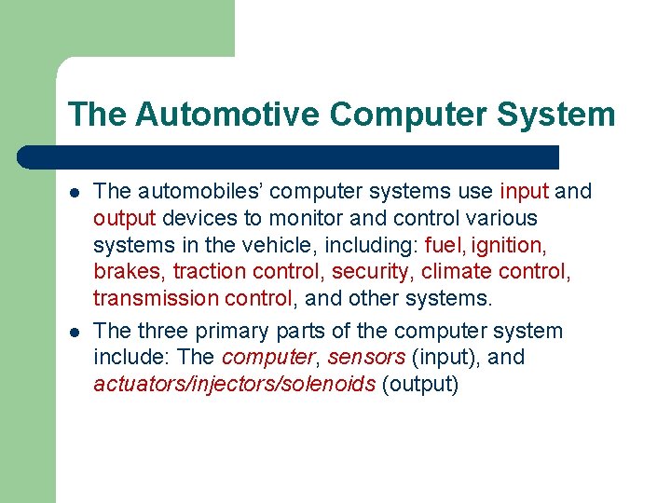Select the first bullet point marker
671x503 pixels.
pyautogui.click(x=74, y=192)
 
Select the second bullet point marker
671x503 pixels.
pyautogui.click(x=74, y=332)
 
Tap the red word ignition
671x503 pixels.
pyautogui.click(x=509, y=245)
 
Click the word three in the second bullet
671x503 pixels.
pyautogui.click(x=164, y=331)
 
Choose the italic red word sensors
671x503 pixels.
pyautogui.click(x=366, y=358)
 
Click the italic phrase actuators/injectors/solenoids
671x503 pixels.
pyautogui.click(x=234, y=385)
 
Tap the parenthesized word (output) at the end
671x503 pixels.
pyautogui.click(x=420, y=385)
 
